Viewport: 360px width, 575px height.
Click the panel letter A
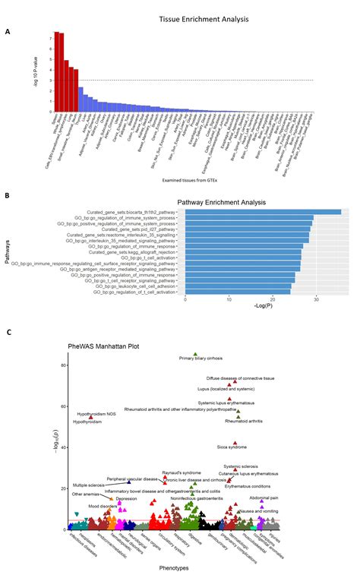pos(8,31)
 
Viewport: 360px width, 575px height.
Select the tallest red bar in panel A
pos(55,71)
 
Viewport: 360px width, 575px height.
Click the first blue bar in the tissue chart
pos(81,99)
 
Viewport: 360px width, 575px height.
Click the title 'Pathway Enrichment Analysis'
pos(227,202)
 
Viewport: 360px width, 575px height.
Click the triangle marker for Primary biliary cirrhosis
pos(195,355)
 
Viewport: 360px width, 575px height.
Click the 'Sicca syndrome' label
pos(232,447)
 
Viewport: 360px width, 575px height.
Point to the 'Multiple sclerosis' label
pos(90,485)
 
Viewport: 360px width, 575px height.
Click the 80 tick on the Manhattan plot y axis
pos(63,365)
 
